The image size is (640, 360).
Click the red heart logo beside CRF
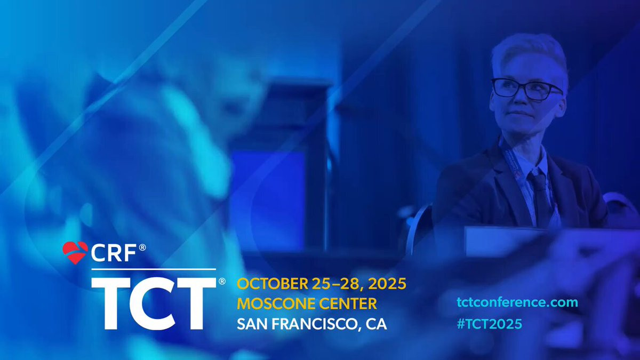75,253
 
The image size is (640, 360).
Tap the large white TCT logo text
154,303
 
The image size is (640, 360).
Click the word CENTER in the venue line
348,303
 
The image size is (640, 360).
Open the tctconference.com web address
517,302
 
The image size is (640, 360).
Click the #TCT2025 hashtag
490,324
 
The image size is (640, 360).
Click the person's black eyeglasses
526,89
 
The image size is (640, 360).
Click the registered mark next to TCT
222,282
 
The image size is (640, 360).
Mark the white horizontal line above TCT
154,269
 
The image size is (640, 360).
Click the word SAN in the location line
251,324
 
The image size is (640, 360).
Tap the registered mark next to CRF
142,247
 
